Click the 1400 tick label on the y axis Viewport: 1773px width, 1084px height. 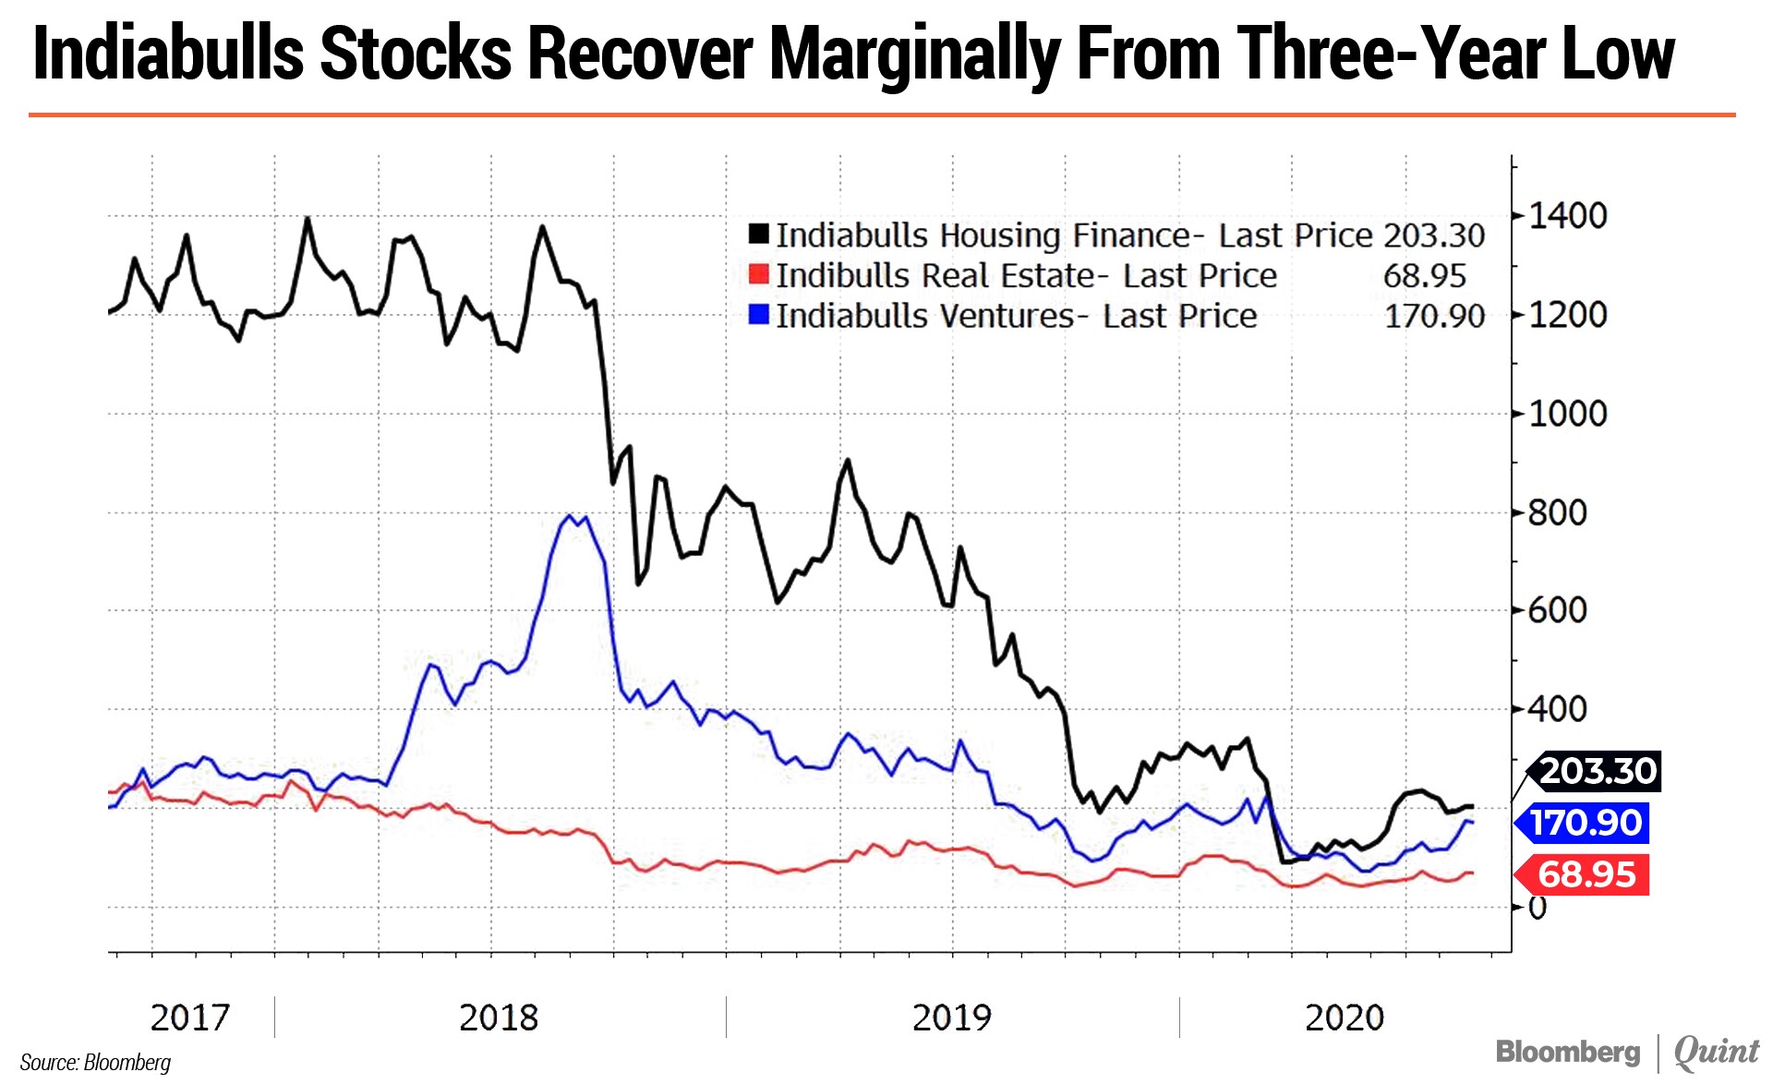[1568, 216]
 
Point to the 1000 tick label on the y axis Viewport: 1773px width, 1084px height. [1568, 414]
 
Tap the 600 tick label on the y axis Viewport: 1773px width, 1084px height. [1558, 610]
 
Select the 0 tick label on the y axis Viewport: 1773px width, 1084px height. [1538, 908]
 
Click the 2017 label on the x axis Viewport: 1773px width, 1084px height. [189, 1018]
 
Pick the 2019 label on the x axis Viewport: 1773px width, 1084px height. [951, 1018]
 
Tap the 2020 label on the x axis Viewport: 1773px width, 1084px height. [1344, 1018]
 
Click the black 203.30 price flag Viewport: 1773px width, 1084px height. [1597, 771]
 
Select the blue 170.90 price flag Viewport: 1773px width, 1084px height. [1586, 823]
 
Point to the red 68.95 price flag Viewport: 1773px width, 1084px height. [1586, 874]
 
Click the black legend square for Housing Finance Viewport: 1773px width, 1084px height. [759, 234]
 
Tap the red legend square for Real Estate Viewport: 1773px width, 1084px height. [759, 274]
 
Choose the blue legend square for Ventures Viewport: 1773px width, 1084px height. [759, 314]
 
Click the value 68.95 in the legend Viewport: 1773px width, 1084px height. [1424, 275]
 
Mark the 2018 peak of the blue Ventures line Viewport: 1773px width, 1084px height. [570, 516]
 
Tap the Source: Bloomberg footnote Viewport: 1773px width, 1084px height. [95, 1062]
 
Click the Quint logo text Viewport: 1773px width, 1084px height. [1717, 1052]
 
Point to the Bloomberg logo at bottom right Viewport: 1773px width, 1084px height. [1568, 1052]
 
